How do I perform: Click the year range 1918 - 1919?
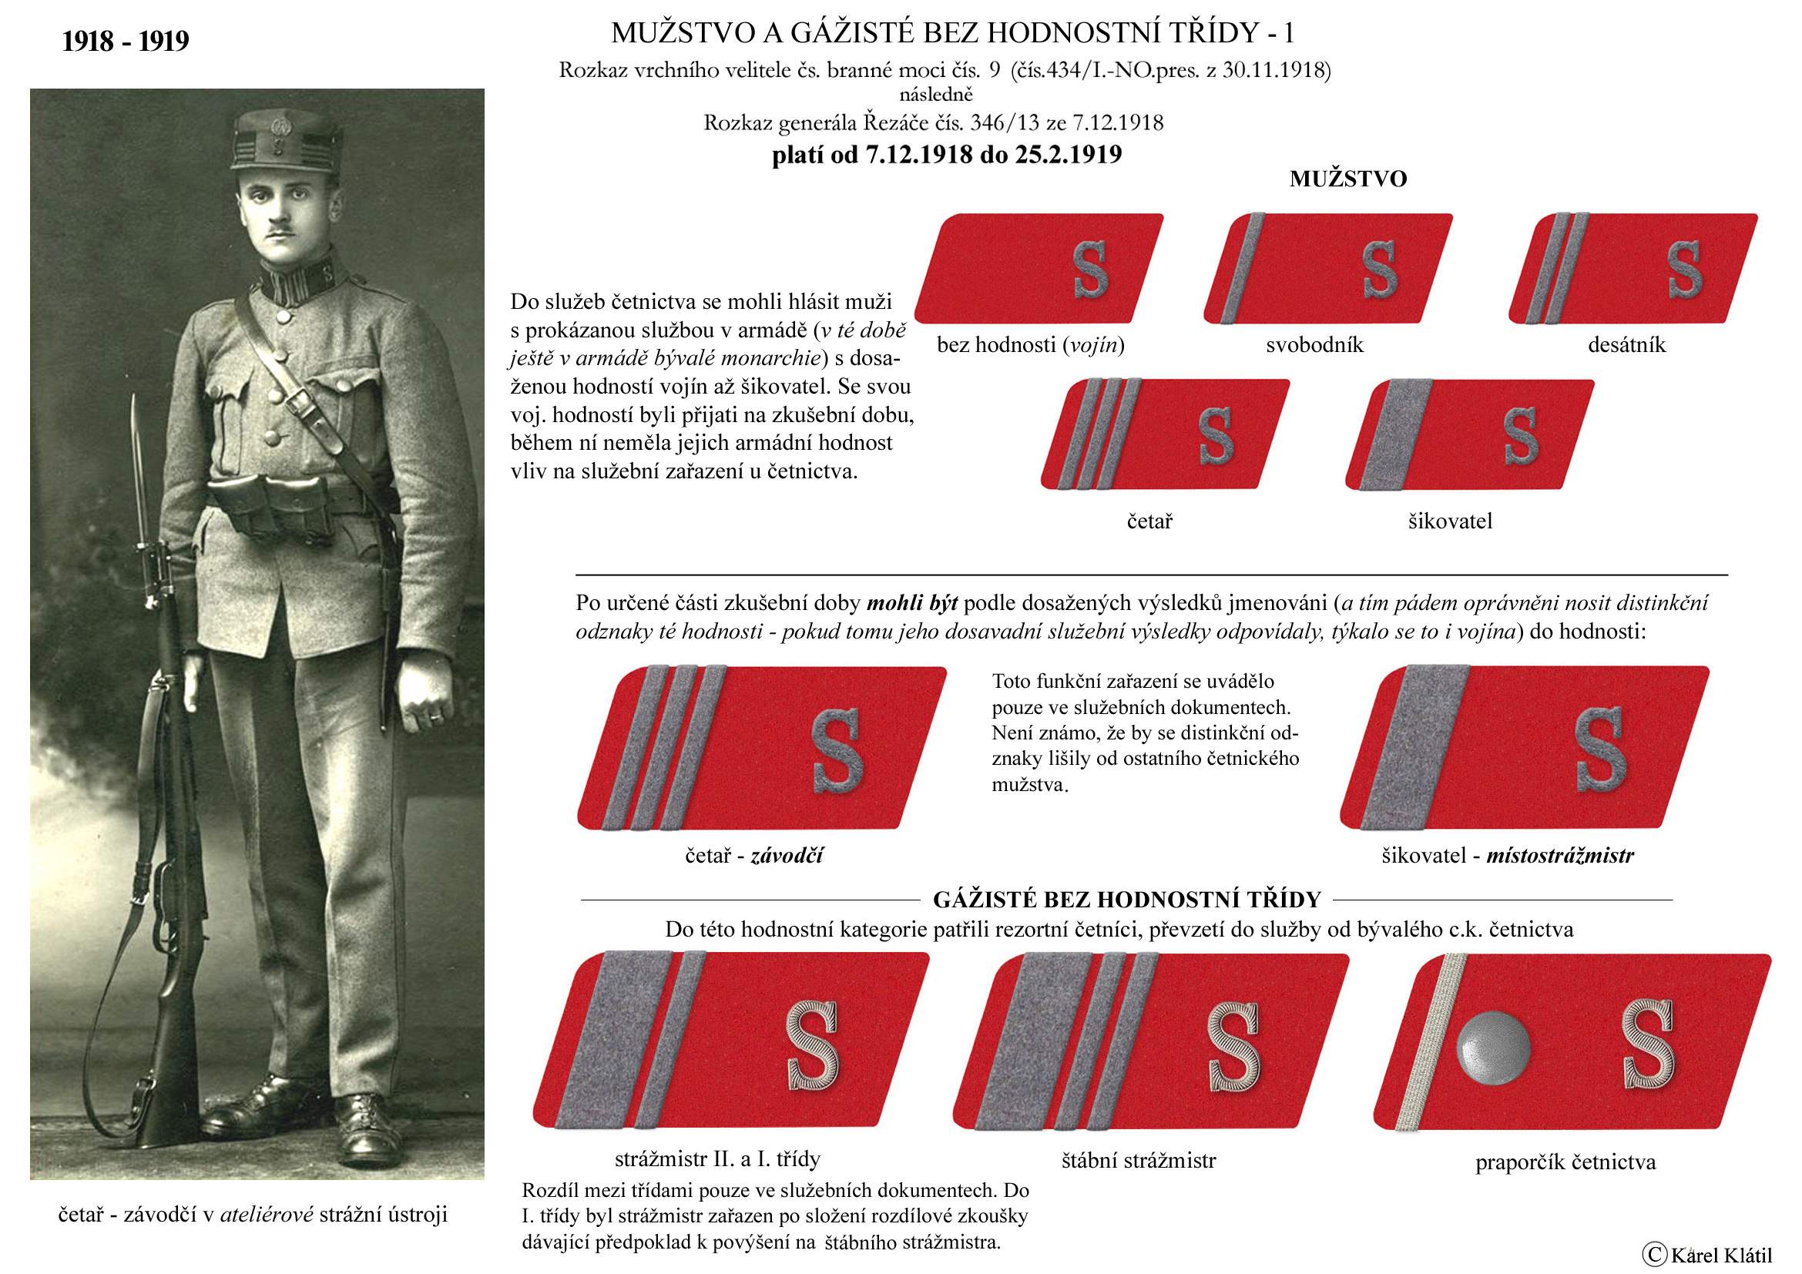point(126,41)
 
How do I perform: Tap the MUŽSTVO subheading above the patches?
point(1347,179)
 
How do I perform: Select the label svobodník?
point(1314,345)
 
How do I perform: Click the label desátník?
point(1626,345)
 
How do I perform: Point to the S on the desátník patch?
point(1684,269)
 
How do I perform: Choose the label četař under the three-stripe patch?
point(1149,521)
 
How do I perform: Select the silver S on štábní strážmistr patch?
point(1233,1049)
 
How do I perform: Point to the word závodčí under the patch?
point(787,855)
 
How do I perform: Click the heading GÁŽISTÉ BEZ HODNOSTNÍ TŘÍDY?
point(1127,899)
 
